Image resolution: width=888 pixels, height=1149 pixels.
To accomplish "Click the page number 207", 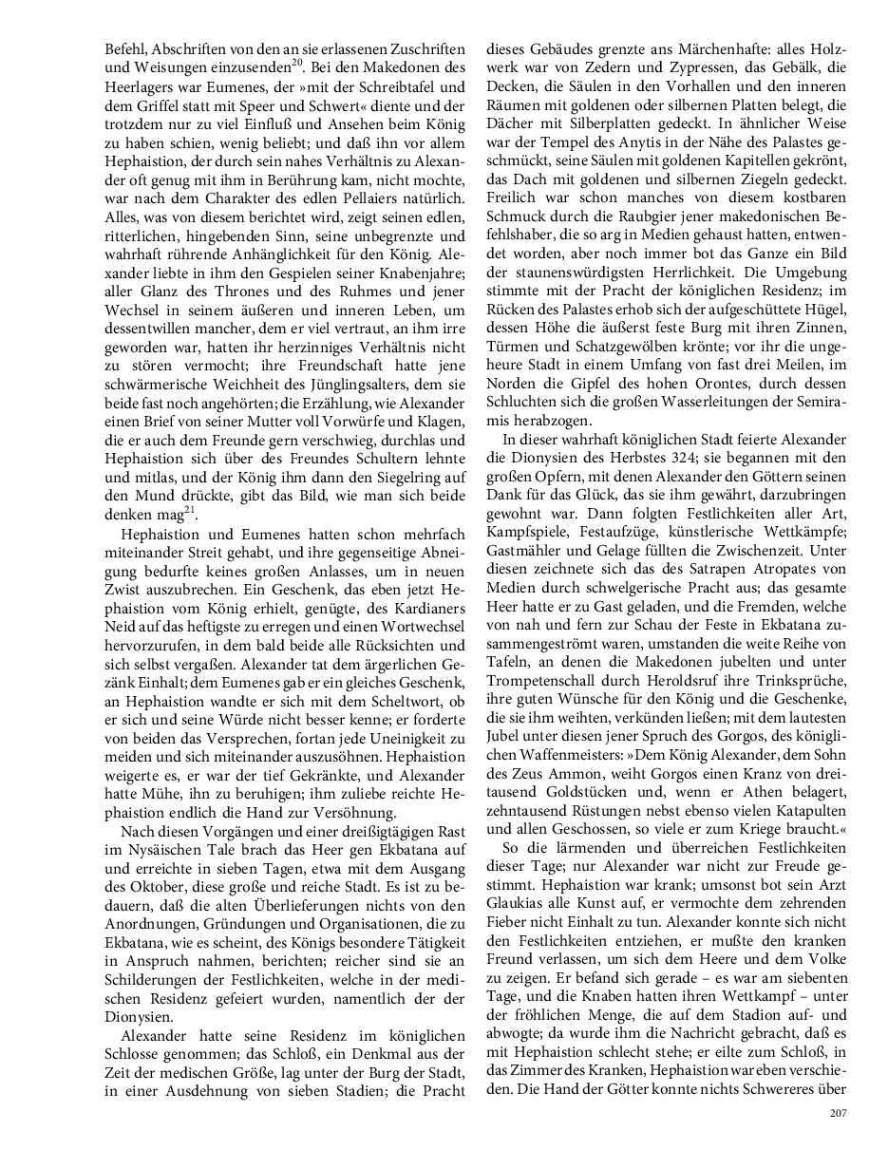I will (836, 1114).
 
